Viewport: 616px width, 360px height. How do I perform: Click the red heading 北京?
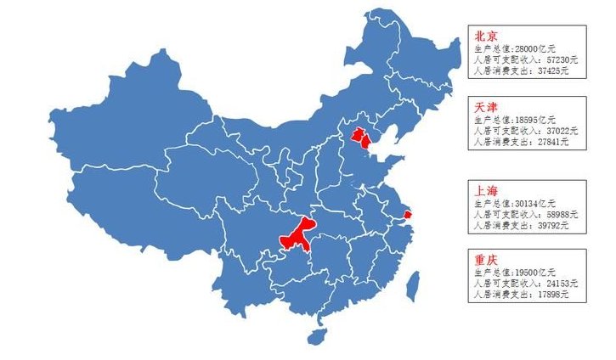pyautogui.click(x=486, y=37)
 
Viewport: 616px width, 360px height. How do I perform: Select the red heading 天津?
pyautogui.click(x=486, y=107)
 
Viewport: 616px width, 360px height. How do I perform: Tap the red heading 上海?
pyautogui.click(x=486, y=190)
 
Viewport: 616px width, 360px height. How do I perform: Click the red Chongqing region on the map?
pyautogui.click(x=297, y=233)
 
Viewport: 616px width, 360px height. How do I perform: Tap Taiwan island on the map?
pyautogui.click(x=413, y=285)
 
